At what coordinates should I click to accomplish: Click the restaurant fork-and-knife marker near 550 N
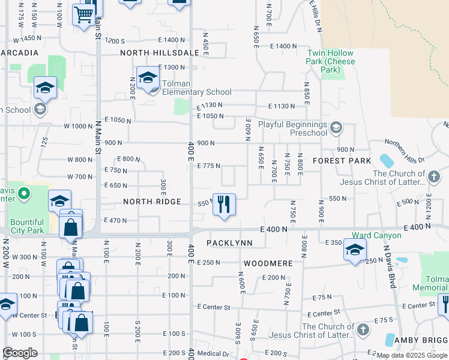[224, 204]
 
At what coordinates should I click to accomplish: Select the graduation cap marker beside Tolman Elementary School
[147, 78]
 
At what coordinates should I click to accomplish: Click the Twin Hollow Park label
[331, 61]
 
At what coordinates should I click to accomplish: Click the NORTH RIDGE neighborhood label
[152, 202]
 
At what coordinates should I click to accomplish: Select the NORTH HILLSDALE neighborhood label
[160, 53]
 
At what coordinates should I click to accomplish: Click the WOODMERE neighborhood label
[268, 263]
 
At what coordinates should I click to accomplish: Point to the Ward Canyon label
[376, 235]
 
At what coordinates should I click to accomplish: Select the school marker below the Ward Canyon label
[355, 250]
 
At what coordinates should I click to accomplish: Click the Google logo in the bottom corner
[20, 353]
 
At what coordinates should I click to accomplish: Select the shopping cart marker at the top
[83, 14]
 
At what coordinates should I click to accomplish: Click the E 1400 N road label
[283, 46]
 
